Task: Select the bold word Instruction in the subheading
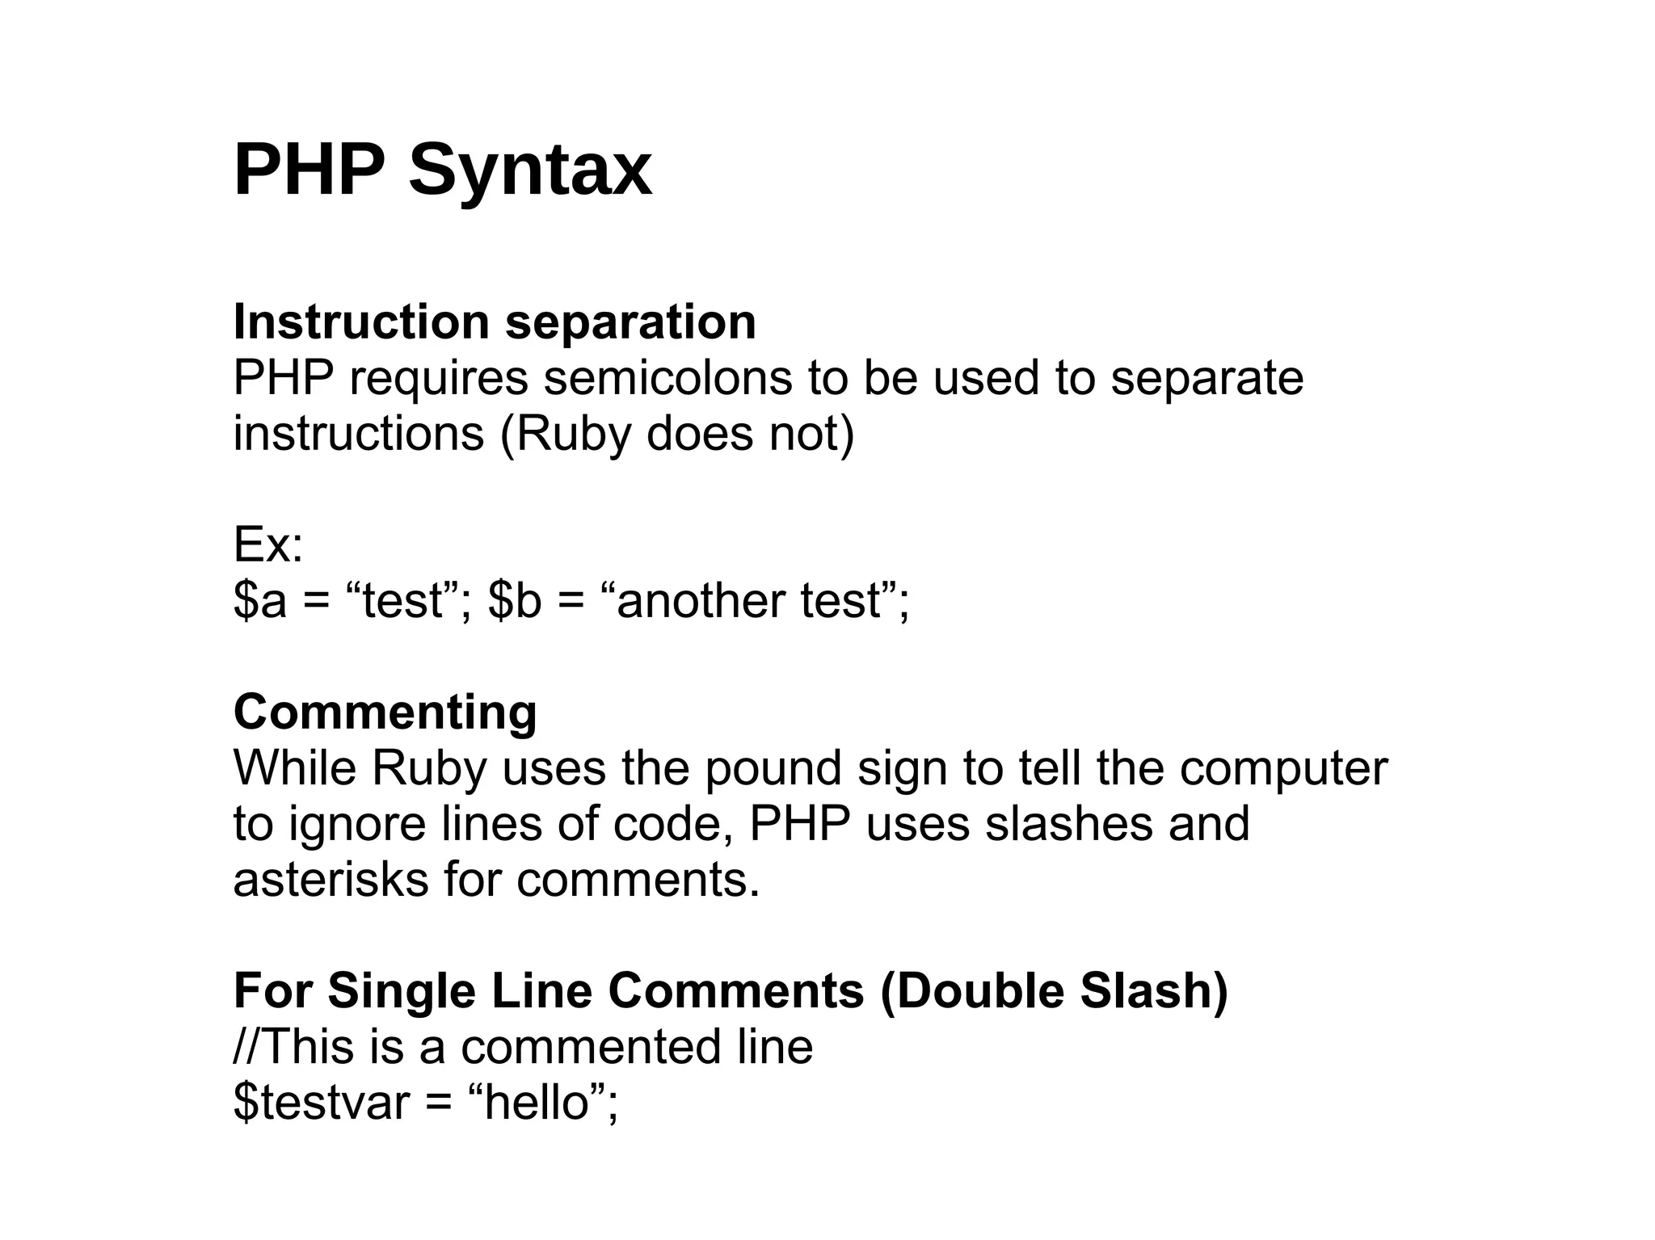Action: (361, 322)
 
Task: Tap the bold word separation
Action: (630, 322)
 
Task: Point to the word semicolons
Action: (667, 378)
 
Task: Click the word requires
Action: (438, 378)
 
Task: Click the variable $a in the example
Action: (259, 601)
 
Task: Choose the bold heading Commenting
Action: (385, 712)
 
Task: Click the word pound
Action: (773, 767)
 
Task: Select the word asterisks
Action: (331, 879)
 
